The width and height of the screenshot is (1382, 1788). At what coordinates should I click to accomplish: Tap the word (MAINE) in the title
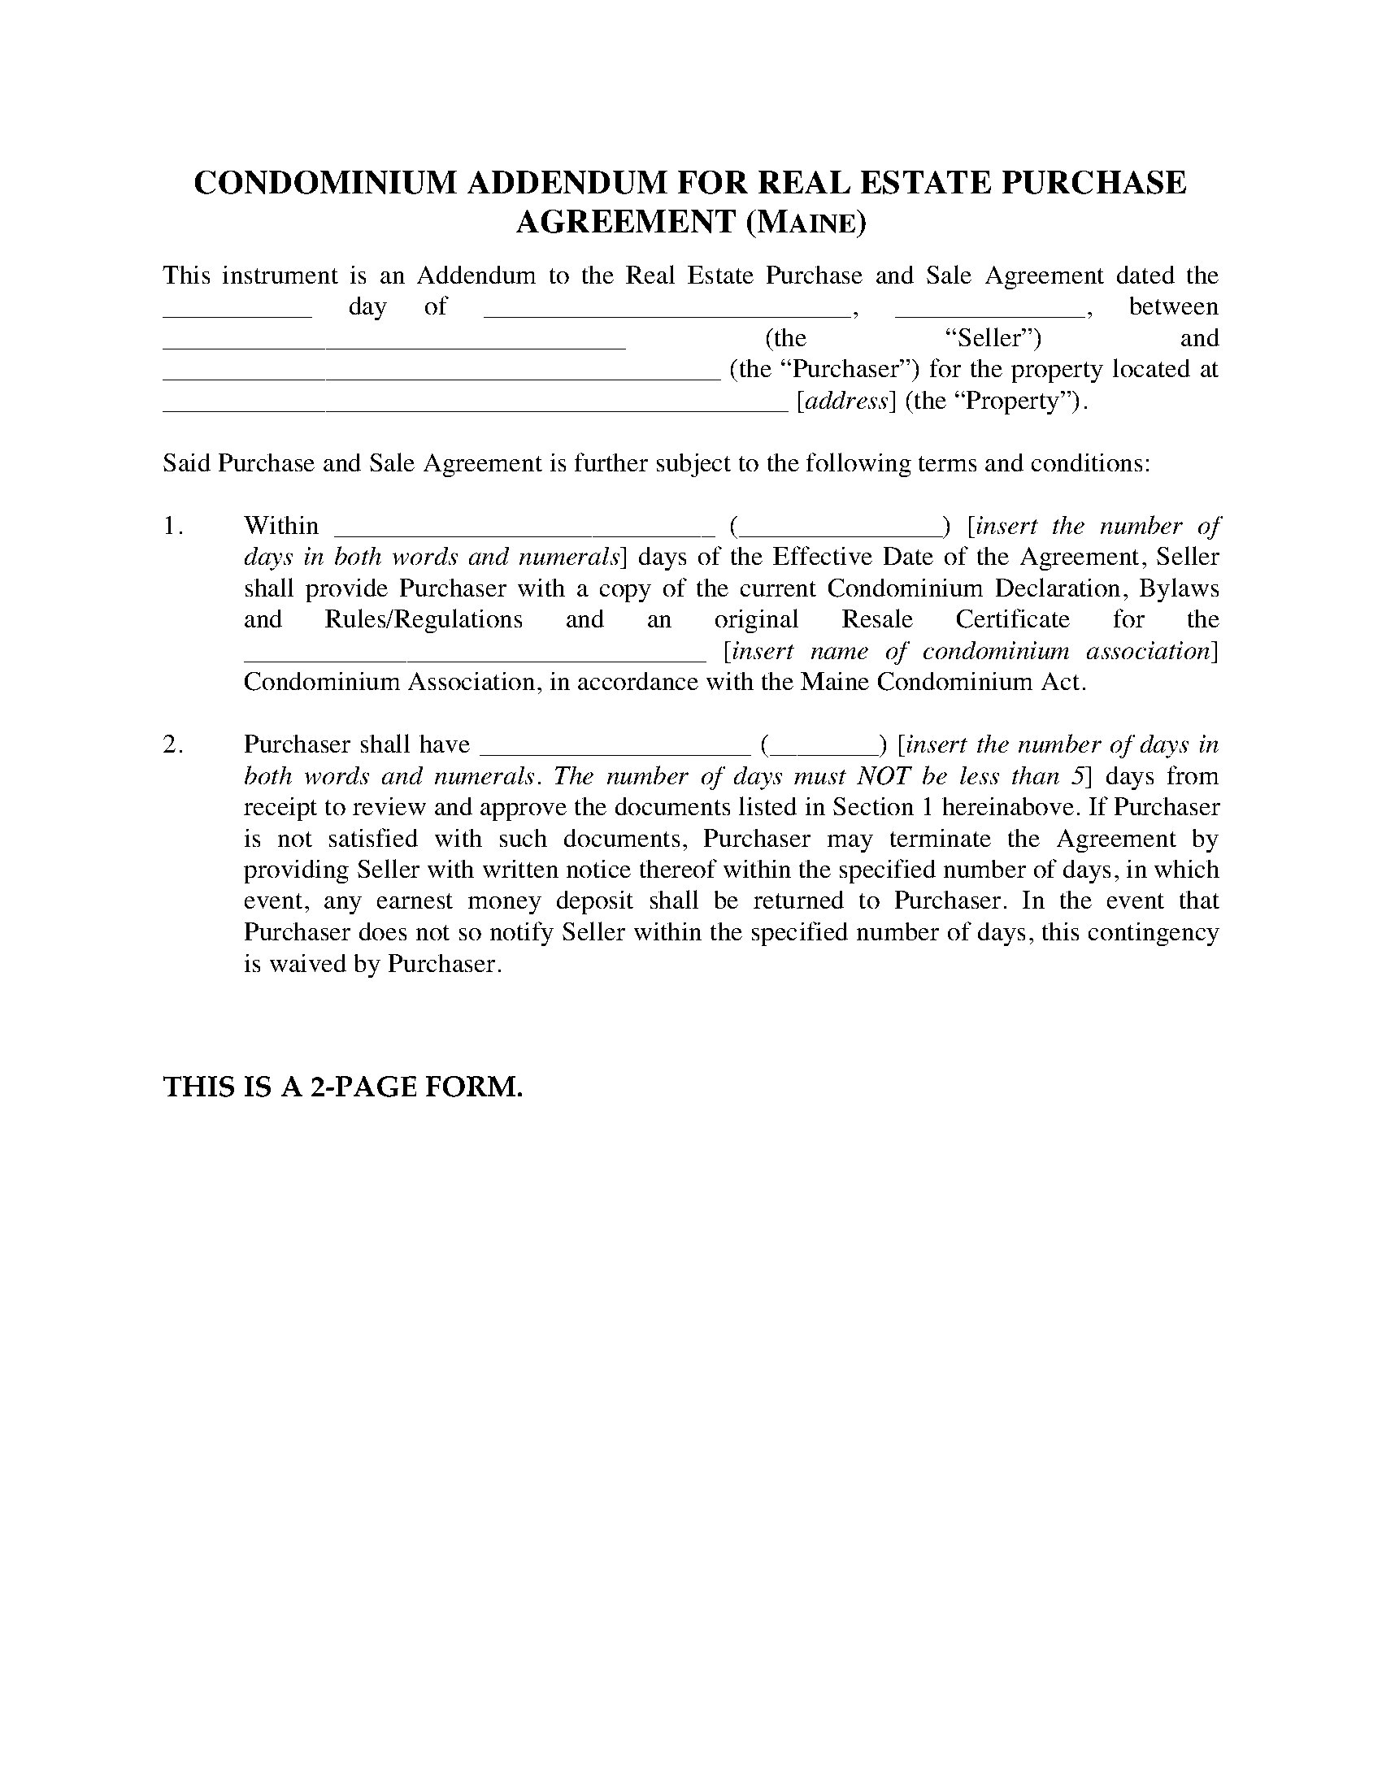tap(805, 223)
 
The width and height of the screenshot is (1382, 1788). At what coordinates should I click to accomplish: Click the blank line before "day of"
tap(237, 312)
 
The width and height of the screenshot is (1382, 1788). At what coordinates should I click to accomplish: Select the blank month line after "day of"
tap(668, 312)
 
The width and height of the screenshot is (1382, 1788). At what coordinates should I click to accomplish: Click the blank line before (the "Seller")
tap(393, 344)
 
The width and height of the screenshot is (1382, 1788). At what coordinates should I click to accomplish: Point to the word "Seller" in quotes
tap(993, 338)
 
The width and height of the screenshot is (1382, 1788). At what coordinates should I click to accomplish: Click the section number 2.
tap(172, 744)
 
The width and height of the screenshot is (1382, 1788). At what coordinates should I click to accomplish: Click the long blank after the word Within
tap(520, 531)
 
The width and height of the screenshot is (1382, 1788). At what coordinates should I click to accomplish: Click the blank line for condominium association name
tap(475, 657)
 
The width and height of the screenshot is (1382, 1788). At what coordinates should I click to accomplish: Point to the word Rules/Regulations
tap(424, 619)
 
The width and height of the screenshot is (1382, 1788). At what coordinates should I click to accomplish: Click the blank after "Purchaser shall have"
tap(614, 750)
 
